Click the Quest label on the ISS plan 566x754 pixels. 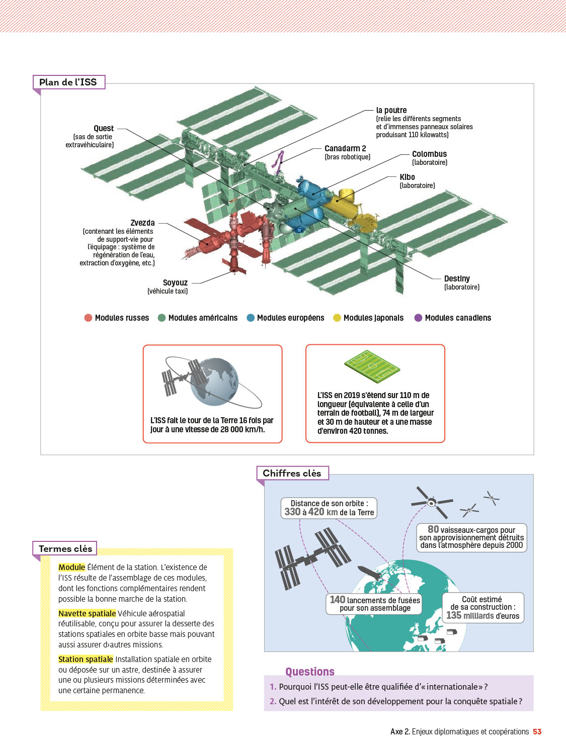[104, 129]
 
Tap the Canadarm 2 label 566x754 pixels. [345, 149]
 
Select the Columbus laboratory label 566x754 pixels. [429, 154]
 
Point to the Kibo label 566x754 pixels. [408, 177]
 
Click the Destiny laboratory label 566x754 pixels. [457, 279]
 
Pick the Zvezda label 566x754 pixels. [142, 223]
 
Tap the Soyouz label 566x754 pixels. [175, 283]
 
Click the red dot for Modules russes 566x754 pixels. [89, 318]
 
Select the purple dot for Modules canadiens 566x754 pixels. [418, 318]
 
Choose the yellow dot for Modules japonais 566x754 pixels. [337, 318]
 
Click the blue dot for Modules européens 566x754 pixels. [251, 318]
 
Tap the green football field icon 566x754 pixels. [372, 366]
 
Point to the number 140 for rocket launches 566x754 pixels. [338, 600]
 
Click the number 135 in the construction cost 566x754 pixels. [454, 615]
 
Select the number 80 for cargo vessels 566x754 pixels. [433, 529]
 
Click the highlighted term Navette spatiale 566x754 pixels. [87, 613]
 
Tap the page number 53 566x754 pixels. [537, 732]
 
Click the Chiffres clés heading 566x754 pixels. [292, 474]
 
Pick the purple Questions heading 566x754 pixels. [310, 672]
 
